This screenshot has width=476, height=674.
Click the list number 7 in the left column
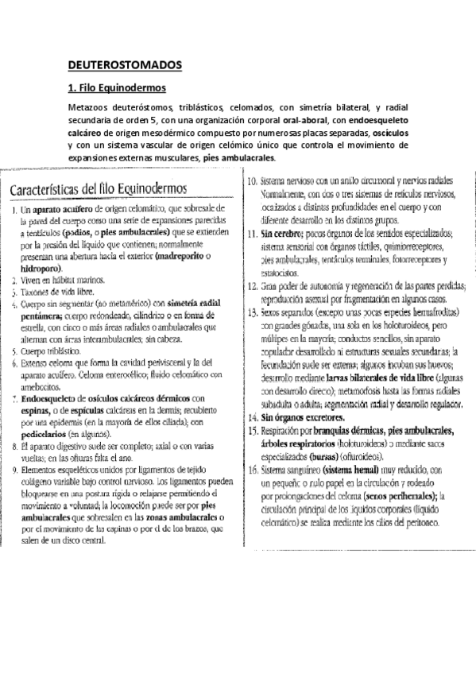click(x=15, y=397)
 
